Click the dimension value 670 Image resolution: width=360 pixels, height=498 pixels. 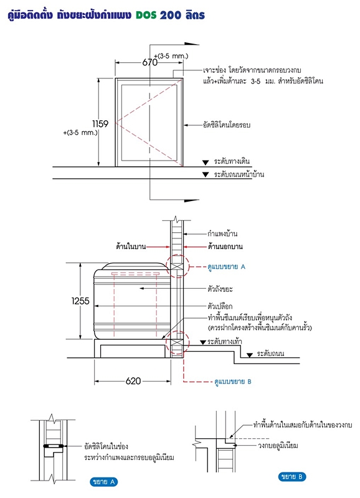coord(149,62)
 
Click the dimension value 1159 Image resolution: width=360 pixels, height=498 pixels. coord(100,123)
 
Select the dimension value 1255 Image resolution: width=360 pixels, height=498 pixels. coord(80,301)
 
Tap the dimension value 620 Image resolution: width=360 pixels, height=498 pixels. coord(133,381)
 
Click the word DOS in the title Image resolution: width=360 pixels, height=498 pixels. coord(146,15)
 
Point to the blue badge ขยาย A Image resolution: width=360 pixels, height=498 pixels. coord(104,482)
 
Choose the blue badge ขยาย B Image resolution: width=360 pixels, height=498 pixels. coord(292,476)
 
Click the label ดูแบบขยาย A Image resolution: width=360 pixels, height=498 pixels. coord(226,267)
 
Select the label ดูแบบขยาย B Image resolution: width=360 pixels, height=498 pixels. coord(233,382)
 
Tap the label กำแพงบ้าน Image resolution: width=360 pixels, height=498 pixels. coord(222,234)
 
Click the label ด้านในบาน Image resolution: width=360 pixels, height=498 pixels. coord(131,247)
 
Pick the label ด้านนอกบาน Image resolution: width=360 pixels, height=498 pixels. coord(225,247)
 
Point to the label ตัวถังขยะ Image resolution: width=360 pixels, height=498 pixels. coord(220,289)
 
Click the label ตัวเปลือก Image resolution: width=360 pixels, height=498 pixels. coord(220,306)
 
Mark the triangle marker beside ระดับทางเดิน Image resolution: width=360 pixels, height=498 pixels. coord(206,162)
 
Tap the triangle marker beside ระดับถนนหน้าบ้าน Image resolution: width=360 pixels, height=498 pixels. coord(206,174)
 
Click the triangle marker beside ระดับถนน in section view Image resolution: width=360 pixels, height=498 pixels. coord(250,355)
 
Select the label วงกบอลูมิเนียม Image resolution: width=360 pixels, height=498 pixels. coord(278,445)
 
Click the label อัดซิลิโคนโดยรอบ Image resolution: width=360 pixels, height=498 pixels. coord(227,125)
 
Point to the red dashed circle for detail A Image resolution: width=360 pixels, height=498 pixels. coord(189,266)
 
